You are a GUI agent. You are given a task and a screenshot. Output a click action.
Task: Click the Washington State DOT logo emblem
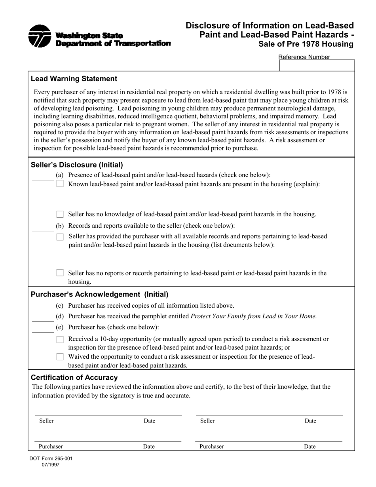coord(40,36)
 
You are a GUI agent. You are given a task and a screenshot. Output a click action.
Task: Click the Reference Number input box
coord(317,66)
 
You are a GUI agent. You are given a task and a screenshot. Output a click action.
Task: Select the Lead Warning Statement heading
coord(74,79)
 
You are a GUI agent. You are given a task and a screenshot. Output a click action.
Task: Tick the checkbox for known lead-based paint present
coord(60,184)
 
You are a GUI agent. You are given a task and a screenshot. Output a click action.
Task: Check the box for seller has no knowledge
coord(60,214)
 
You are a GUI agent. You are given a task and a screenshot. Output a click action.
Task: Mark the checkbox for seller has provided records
coord(60,237)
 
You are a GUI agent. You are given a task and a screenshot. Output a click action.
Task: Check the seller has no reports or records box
coord(60,273)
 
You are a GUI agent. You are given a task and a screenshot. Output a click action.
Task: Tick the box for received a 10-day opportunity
coord(60,339)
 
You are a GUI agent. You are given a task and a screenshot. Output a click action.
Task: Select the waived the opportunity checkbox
coord(60,357)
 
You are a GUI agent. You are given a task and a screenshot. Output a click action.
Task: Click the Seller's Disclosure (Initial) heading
coord(77,165)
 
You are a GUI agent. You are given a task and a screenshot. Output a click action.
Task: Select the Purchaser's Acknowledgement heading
coord(99,295)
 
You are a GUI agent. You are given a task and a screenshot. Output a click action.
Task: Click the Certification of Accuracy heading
coord(74,377)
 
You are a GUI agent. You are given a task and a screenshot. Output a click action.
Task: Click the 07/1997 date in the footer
coord(51,465)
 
